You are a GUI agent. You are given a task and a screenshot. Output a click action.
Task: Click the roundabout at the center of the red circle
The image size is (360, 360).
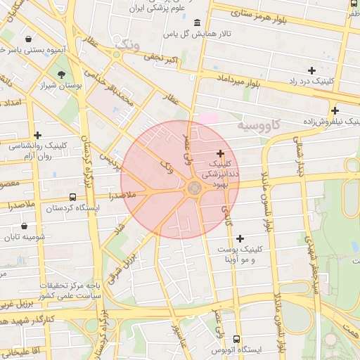tap(194, 188)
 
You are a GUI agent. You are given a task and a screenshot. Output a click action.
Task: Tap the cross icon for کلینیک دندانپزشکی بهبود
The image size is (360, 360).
tap(220, 153)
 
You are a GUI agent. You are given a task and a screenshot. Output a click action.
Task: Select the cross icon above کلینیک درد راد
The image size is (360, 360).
tap(311, 70)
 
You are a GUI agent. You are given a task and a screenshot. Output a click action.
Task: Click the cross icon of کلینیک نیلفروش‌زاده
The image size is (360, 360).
tap(335, 110)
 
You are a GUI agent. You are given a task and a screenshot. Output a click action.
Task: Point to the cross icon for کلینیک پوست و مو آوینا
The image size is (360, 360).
tap(240, 239)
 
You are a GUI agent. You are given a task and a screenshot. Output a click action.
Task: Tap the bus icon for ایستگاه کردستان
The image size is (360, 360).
tap(73, 198)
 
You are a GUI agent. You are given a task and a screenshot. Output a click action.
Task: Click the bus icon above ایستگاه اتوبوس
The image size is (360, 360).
tap(236, 339)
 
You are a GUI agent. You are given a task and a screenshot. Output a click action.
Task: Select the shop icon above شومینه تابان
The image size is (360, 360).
tap(25, 226)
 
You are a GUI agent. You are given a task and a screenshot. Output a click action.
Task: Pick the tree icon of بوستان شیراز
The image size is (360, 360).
tap(62, 74)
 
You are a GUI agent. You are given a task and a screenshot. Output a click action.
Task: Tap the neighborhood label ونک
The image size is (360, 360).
tap(127, 46)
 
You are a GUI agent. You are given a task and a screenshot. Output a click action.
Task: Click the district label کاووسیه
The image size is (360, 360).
tap(257, 124)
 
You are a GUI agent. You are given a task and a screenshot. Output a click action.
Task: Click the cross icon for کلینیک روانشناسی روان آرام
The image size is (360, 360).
tap(37, 135)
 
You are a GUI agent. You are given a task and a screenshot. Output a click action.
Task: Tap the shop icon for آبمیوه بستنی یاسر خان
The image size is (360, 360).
tap(27, 39)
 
